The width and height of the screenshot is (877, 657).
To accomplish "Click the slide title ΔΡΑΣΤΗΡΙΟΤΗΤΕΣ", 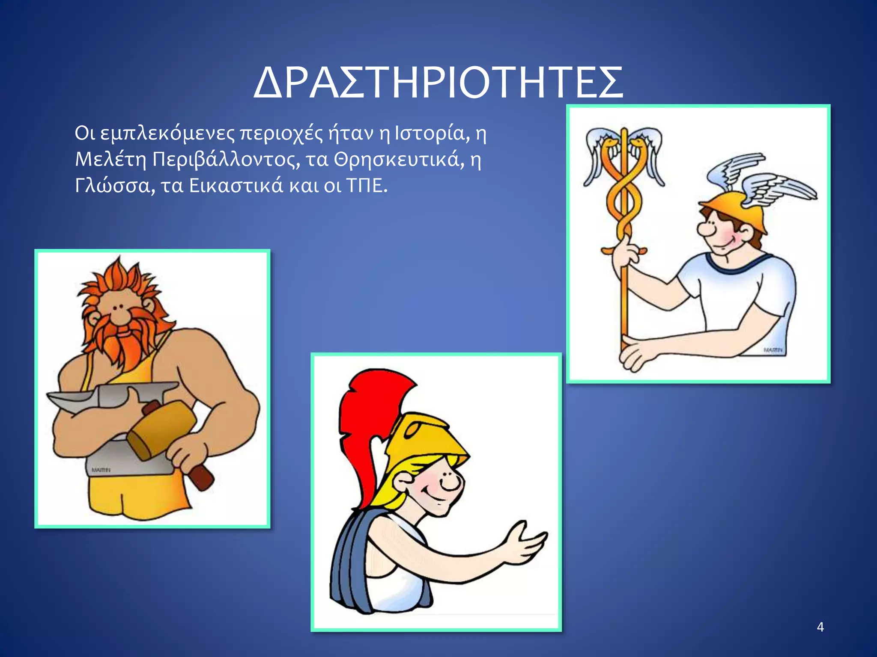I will [x=438, y=83].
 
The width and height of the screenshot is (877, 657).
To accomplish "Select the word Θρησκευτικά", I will [x=399, y=160].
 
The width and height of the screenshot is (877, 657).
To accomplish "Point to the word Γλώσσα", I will [x=112, y=186].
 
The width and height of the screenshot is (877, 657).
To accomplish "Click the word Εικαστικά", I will [x=236, y=186].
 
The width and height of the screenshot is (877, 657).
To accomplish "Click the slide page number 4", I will [x=820, y=627].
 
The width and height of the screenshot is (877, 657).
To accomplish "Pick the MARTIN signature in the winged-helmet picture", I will [x=773, y=350].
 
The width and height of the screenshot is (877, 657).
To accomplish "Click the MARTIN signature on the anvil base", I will [x=101, y=470].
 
